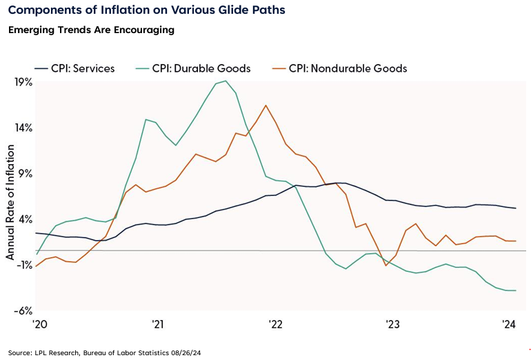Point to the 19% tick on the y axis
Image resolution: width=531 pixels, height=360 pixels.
[23, 81]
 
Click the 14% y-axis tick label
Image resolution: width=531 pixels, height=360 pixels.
[23, 128]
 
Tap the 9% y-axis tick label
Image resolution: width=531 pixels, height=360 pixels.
[26, 174]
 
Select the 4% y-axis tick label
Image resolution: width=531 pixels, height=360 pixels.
[26, 219]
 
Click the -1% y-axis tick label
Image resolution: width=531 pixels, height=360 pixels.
[24, 266]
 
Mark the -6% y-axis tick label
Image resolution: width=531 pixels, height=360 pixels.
[24, 311]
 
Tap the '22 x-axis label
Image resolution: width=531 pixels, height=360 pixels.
[274, 325]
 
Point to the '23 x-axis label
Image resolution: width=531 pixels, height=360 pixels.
[392, 325]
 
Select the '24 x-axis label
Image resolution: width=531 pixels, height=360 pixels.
[510, 325]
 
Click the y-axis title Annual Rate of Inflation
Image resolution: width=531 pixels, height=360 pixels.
[10, 197]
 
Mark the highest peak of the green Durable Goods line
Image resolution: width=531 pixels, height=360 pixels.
[226, 81]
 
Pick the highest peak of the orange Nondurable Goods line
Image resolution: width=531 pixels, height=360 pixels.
[266, 106]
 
